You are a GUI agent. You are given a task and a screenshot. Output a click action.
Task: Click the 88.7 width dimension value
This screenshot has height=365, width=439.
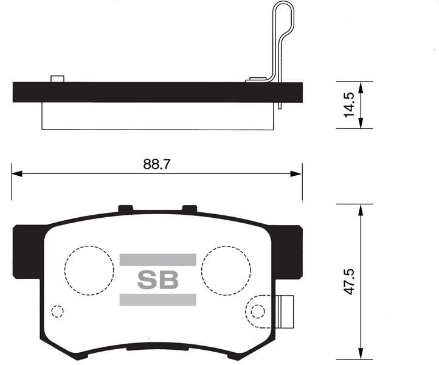[x=157, y=164]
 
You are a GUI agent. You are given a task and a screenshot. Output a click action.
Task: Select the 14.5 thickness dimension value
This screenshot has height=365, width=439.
[x=349, y=105]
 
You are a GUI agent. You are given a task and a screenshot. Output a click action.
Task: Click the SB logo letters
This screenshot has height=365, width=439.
[x=157, y=280]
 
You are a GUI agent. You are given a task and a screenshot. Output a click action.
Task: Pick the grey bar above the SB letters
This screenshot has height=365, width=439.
[x=157, y=260]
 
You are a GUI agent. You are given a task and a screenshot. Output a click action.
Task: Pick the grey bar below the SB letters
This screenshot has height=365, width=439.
[x=157, y=299]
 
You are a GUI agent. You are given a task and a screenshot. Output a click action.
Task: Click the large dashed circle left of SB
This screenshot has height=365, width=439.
[x=89, y=270]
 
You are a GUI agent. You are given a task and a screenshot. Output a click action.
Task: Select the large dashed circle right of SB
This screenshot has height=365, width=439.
[x=226, y=270]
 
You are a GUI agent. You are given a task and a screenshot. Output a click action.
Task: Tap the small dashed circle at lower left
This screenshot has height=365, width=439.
[x=57, y=311]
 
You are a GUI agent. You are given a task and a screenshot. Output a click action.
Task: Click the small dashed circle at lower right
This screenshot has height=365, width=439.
[x=258, y=311]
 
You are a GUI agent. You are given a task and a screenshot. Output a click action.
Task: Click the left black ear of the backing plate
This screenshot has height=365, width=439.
[x=26, y=251]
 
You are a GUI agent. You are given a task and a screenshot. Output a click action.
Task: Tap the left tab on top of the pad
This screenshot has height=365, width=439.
[x=126, y=209]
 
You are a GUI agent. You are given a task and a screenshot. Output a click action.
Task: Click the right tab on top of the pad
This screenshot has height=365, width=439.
[x=190, y=209]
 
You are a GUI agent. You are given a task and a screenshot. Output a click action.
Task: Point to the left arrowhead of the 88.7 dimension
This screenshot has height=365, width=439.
[x=16, y=174]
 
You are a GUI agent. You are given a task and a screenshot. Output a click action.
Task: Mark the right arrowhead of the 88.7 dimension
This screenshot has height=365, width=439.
[x=297, y=174]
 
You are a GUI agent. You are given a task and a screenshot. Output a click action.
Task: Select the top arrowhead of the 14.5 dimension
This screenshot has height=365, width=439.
[x=361, y=86]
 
